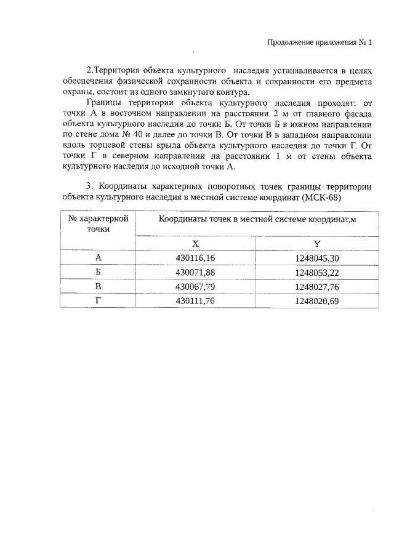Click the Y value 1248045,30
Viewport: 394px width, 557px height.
coord(316,258)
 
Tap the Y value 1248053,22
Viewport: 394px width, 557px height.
coord(316,272)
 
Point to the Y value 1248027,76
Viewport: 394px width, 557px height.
coord(316,286)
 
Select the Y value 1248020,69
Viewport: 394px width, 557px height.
coord(316,300)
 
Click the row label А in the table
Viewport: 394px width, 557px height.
coord(98,258)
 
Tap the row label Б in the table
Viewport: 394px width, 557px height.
coord(98,272)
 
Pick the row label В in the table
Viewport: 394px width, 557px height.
coord(98,286)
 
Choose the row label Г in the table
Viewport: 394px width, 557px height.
coord(98,300)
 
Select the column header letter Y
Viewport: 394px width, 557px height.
coord(316,243)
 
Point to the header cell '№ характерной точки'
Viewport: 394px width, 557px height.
coord(98,223)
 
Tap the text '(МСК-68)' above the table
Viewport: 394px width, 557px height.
coord(321,198)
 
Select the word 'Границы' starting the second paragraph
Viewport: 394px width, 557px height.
coord(105,103)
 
